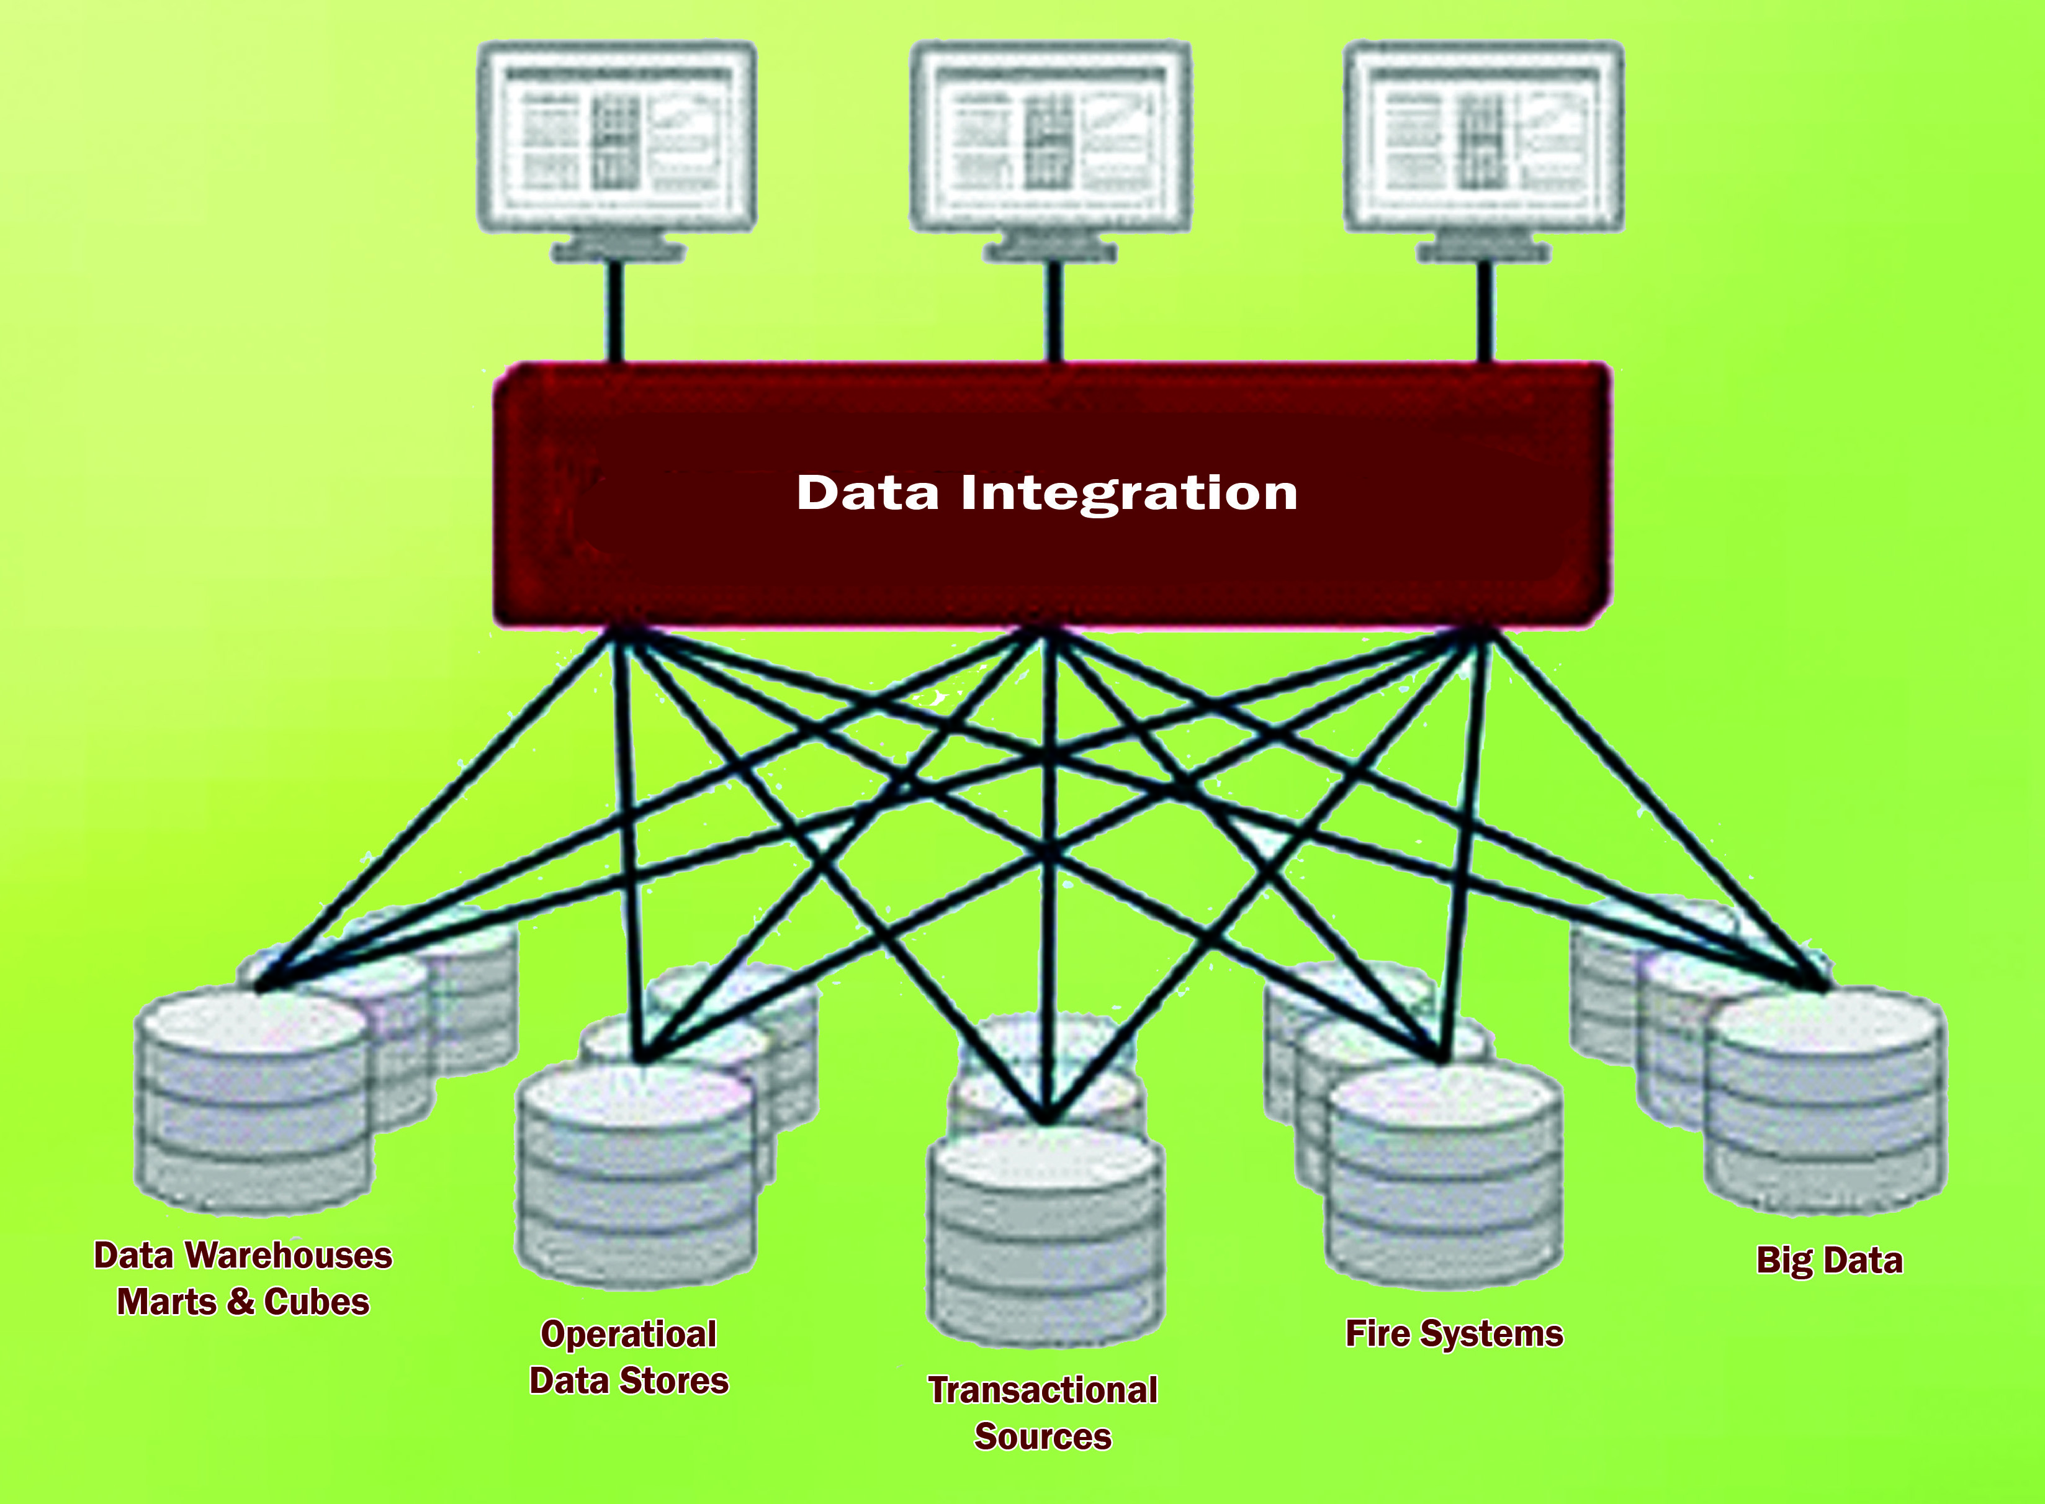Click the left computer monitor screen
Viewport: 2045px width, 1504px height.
617,136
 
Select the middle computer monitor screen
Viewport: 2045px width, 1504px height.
1051,136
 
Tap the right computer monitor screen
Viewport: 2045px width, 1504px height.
1483,136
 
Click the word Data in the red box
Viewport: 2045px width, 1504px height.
867,492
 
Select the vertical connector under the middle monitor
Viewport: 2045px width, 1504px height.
1054,312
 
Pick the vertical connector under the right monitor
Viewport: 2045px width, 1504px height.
1485,312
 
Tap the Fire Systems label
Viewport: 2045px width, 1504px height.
1454,1334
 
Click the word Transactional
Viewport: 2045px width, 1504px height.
1043,1390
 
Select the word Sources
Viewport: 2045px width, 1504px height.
1043,1436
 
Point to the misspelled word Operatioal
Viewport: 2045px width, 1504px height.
629,1335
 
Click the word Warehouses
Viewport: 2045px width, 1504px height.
289,1256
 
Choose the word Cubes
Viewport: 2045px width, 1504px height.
317,1302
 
